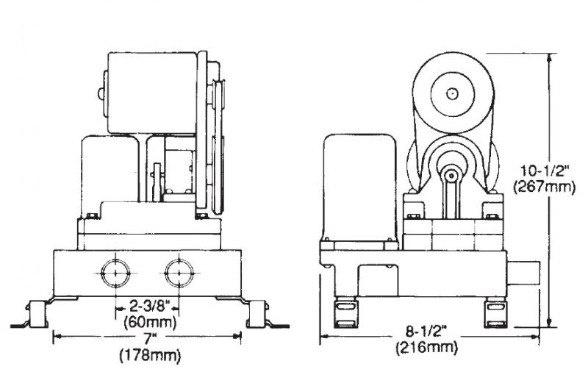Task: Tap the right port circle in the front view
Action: click(x=178, y=273)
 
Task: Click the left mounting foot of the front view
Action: click(x=35, y=314)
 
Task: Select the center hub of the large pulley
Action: click(x=450, y=93)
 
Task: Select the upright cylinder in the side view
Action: click(x=361, y=184)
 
